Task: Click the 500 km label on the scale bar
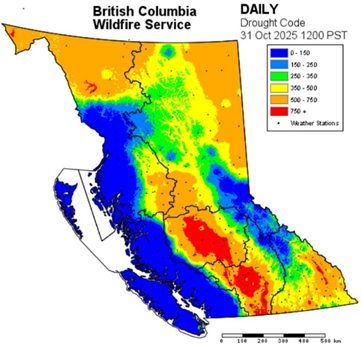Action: point(335,341)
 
